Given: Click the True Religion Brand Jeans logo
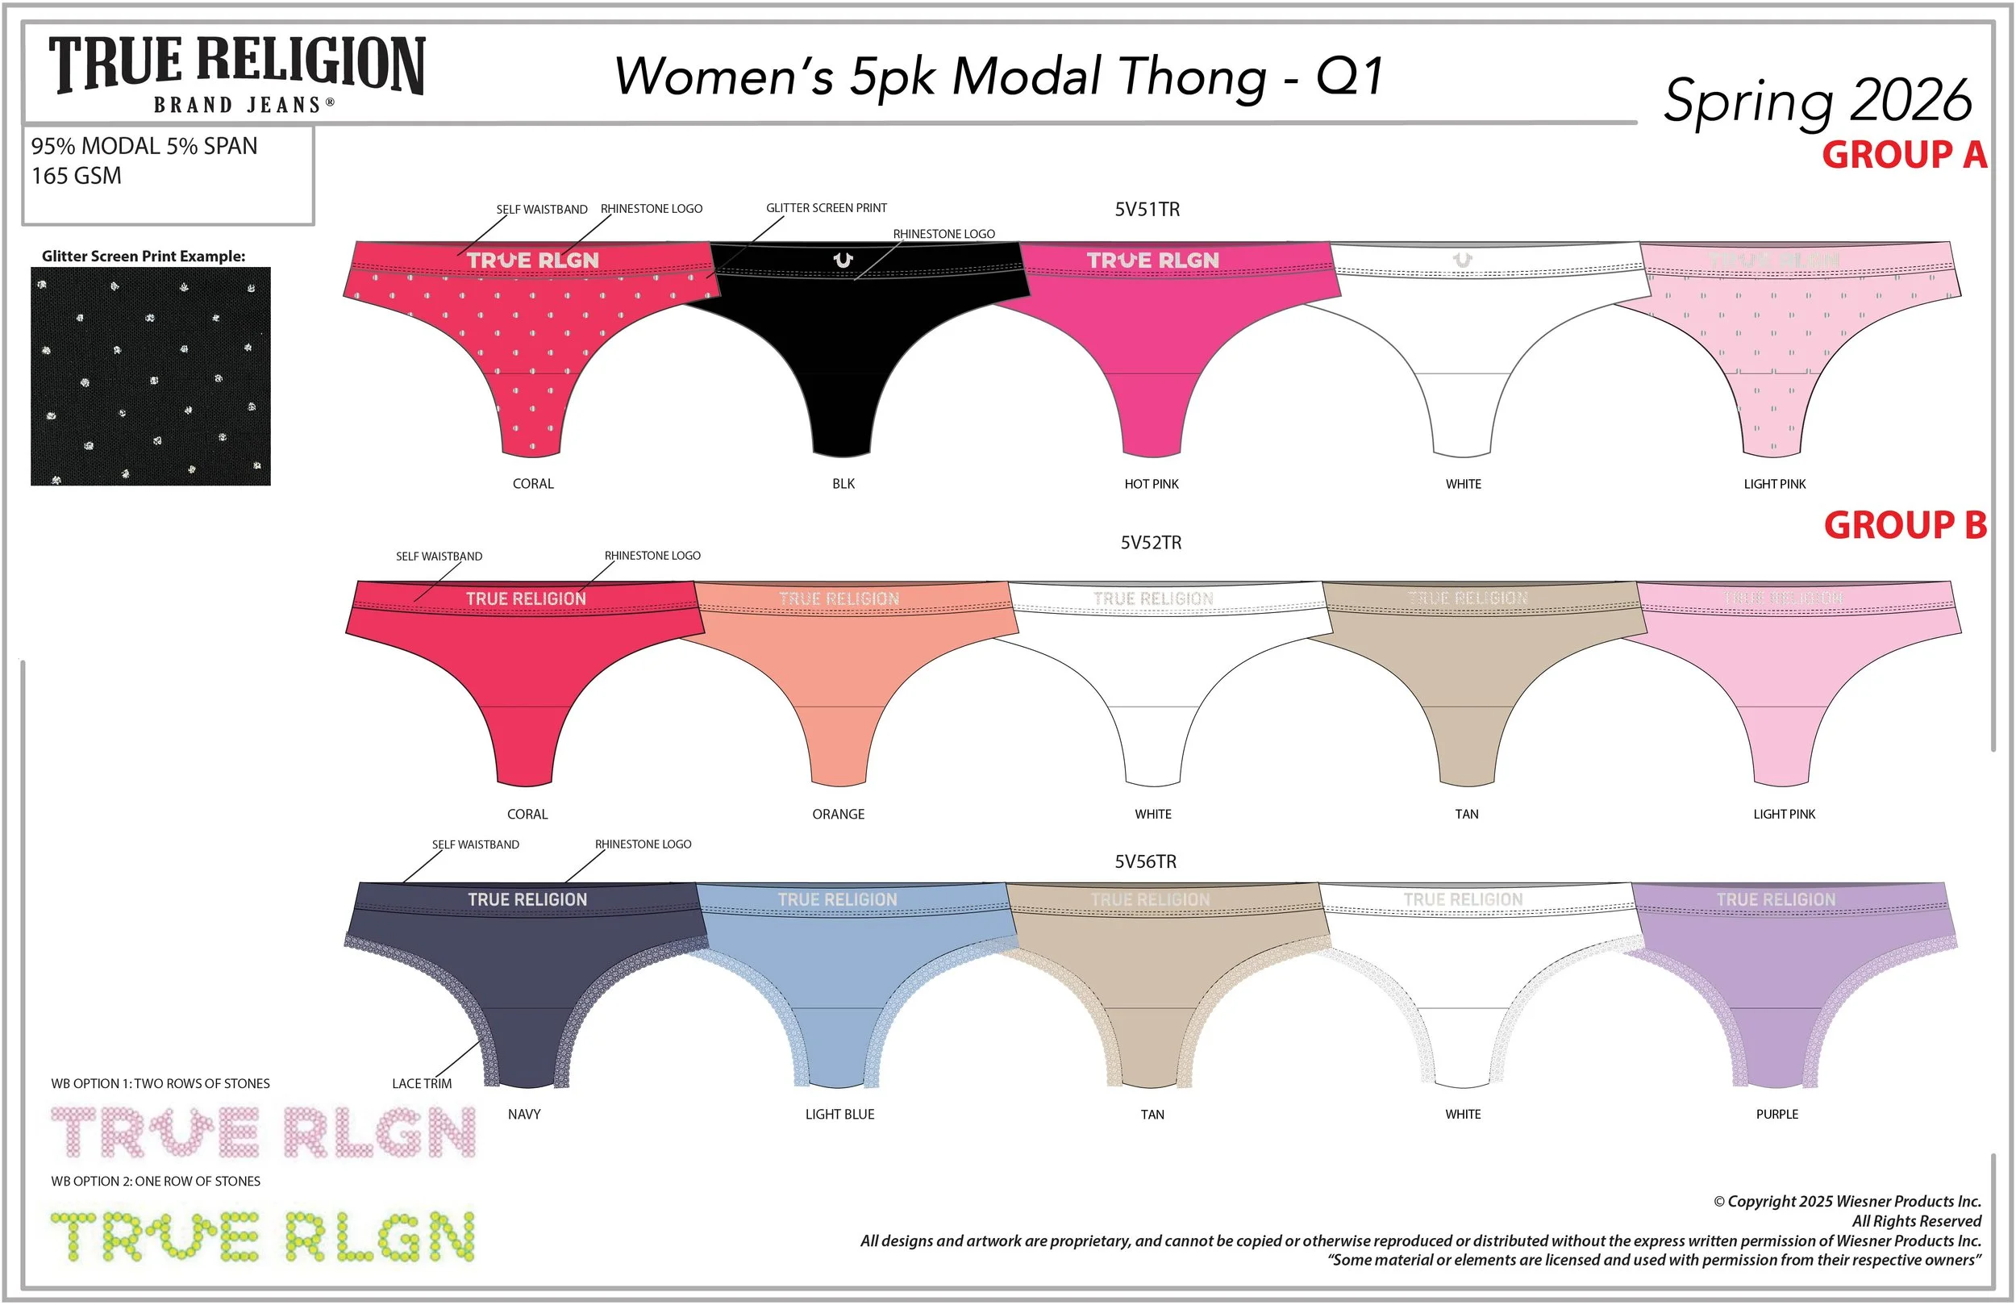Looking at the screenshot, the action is (236, 74).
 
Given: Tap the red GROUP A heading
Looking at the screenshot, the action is (1903, 155).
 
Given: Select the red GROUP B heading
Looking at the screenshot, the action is (1904, 525).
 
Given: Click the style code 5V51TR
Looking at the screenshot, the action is (1147, 210).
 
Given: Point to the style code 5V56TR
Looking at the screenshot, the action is (1145, 862).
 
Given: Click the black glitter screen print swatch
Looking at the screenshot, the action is (151, 376).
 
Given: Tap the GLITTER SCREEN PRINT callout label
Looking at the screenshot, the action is (826, 208).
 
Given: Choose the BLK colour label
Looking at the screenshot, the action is (843, 484).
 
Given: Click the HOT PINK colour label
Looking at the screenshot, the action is (1152, 484).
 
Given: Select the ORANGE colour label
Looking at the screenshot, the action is (838, 815).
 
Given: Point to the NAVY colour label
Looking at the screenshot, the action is (523, 1115).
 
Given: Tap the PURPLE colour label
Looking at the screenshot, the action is (1776, 1115).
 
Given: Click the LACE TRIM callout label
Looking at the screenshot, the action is (421, 1084).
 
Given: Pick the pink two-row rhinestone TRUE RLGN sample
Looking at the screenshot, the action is (263, 1132).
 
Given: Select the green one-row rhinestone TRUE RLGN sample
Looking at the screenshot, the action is (263, 1237).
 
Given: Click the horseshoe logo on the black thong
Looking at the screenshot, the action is (843, 261).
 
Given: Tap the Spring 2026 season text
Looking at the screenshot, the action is (1817, 102).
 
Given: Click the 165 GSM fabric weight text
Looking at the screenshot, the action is (77, 177).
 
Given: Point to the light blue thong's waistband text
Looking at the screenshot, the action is (837, 900).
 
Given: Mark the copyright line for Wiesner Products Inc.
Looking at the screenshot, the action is (1847, 1202).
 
